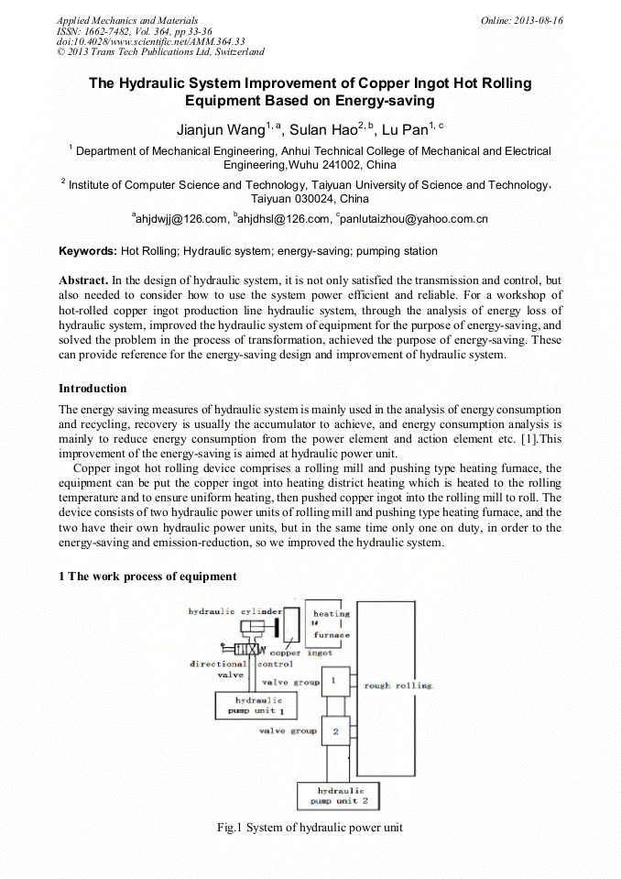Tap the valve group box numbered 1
tap(333, 681)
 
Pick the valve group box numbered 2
tap(334, 731)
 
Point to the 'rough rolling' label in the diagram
tap(398, 686)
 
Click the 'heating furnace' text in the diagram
tap(331, 623)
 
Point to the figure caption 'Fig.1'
tap(228, 828)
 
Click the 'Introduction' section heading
tap(93, 389)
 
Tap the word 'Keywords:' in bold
tap(88, 250)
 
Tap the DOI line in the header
tap(150, 41)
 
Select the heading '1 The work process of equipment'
tap(147, 577)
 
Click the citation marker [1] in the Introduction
tap(527, 438)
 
